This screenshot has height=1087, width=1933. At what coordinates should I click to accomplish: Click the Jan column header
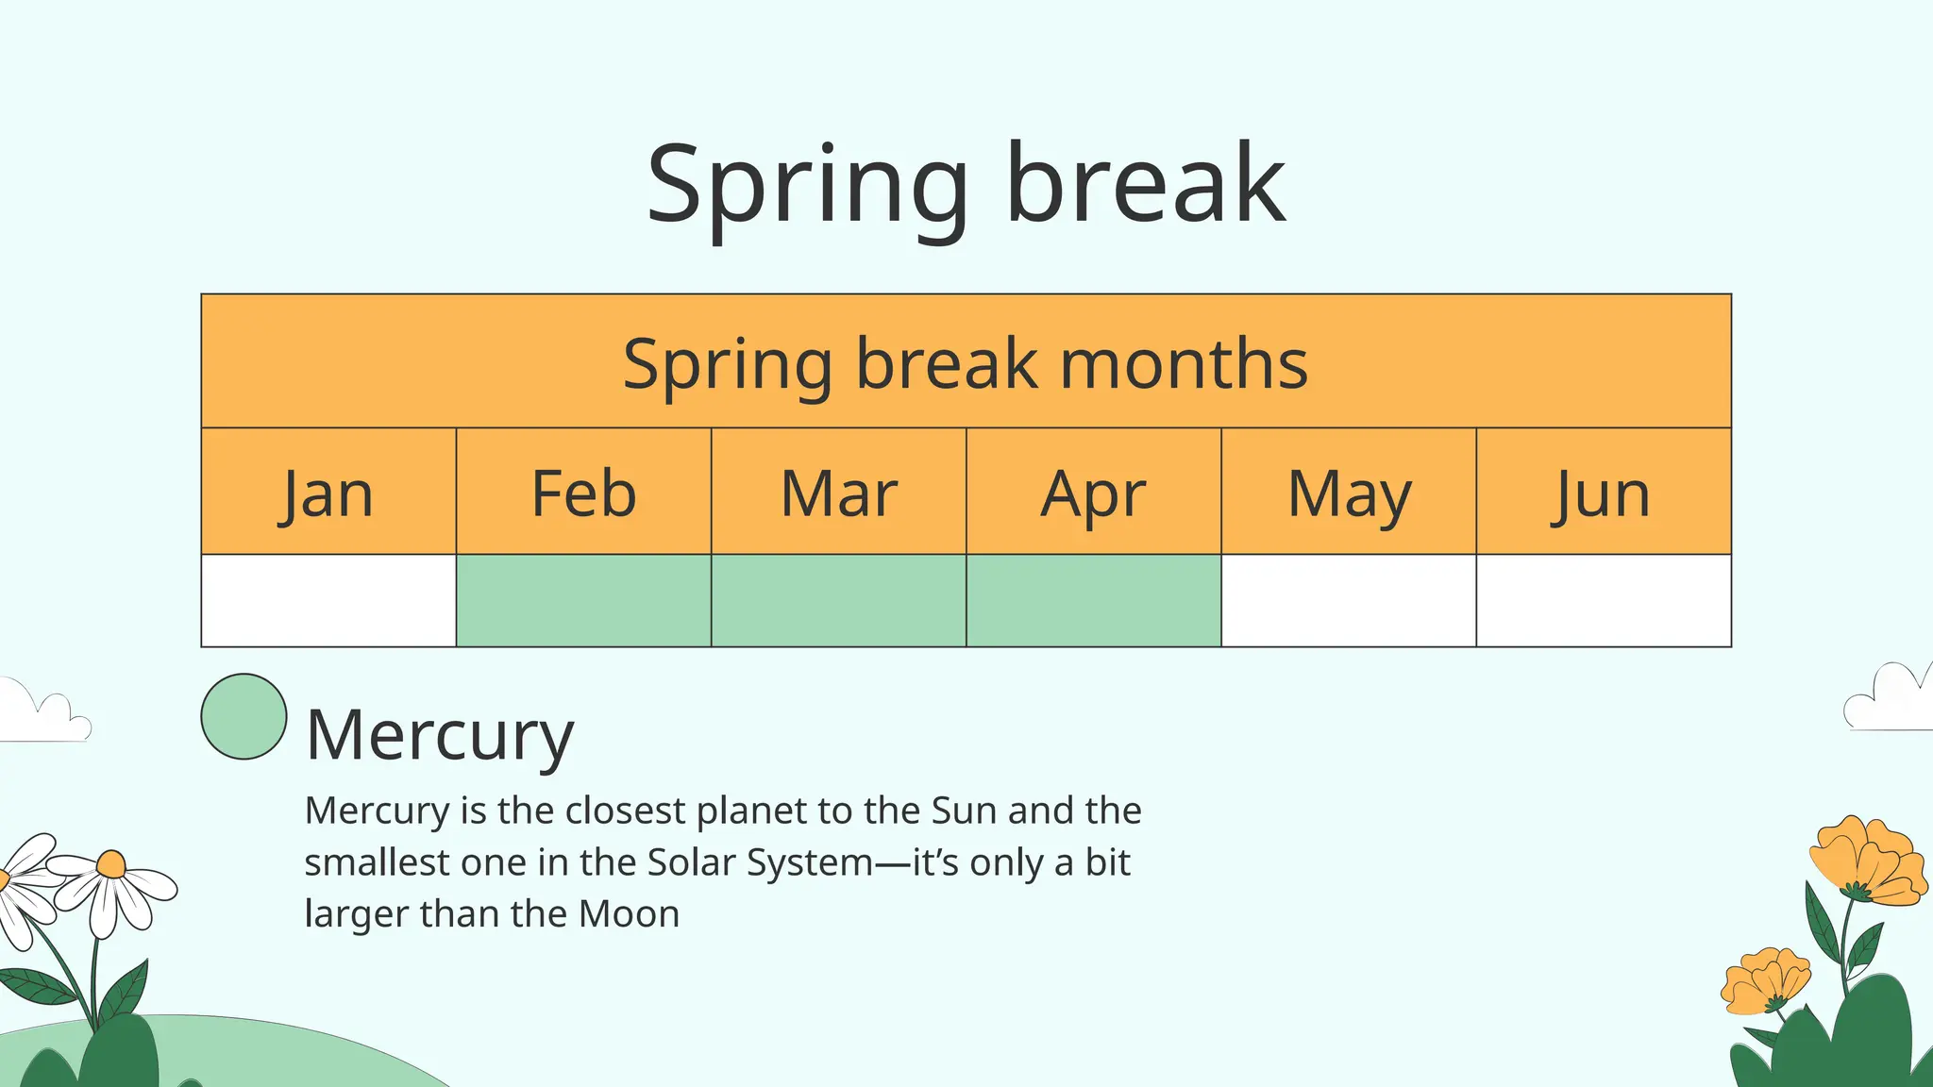(328, 493)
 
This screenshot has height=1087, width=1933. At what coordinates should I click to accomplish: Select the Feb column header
(583, 493)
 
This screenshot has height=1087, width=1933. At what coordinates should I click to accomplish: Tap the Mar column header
(838, 493)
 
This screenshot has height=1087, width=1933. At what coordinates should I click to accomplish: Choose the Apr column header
(1093, 493)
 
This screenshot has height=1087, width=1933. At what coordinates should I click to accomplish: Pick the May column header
(1349, 493)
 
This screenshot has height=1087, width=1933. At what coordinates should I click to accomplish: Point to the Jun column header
(1603, 493)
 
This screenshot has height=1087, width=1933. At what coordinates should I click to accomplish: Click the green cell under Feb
(583, 601)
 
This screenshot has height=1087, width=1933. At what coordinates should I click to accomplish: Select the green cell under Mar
(838, 601)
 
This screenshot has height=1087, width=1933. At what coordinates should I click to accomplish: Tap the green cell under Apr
(1093, 601)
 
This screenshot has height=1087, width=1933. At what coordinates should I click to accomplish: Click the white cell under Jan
(328, 601)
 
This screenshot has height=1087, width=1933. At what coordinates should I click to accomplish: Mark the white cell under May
(1349, 601)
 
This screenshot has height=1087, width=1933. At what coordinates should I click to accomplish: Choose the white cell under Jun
(1603, 601)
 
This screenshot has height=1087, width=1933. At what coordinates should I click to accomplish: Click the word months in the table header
(1184, 363)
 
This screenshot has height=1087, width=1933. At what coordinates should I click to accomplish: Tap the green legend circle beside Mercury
(244, 716)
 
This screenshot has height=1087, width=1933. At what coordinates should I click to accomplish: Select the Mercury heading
(440, 735)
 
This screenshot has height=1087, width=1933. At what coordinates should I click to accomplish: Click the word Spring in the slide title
(808, 184)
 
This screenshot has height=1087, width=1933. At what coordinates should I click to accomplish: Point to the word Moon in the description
(629, 913)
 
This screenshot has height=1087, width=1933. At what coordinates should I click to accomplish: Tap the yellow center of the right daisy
(111, 864)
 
